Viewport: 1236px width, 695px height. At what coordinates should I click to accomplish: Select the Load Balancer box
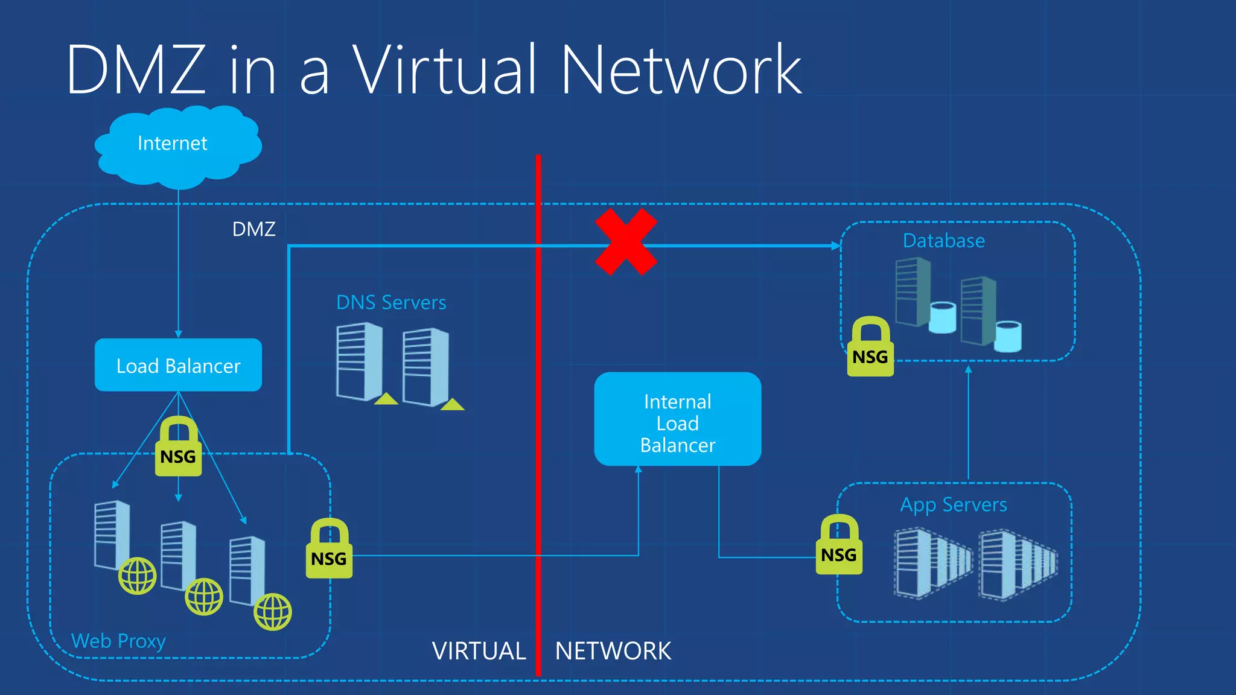coord(178,365)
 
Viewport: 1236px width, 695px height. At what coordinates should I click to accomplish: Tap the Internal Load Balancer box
coord(677,419)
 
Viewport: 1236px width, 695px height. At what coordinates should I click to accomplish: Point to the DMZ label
coord(254,229)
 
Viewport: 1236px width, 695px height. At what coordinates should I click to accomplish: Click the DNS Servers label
coord(391,302)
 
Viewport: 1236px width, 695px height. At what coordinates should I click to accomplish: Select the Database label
coord(943,241)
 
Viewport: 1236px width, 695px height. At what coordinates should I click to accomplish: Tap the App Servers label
coord(954,504)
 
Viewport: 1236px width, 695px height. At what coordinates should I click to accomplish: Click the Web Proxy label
coord(118,641)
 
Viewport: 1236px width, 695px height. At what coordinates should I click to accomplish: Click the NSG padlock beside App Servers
coord(839,546)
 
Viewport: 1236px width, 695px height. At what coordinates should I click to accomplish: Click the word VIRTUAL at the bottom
coord(479,651)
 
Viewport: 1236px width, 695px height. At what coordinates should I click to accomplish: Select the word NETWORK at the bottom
coord(613,651)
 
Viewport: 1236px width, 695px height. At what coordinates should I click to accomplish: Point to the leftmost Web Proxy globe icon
coord(138,576)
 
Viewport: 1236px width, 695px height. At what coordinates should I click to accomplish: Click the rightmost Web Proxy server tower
coord(247,570)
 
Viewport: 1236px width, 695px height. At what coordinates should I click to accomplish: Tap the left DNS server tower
coord(360,361)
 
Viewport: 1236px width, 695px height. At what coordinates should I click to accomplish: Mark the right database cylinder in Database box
coord(1008,337)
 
